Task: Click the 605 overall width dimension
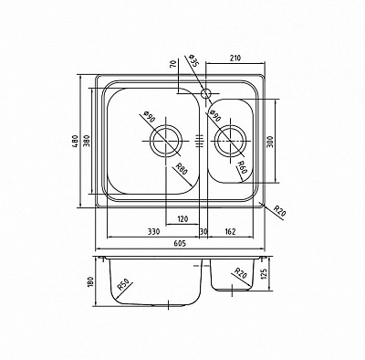click(180, 243)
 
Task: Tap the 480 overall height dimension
click(76, 141)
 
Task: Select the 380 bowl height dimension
click(87, 141)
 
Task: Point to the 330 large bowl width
click(153, 232)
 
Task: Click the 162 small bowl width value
click(230, 232)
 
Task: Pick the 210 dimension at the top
click(235, 58)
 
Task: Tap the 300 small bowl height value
click(270, 142)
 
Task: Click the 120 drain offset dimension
click(182, 218)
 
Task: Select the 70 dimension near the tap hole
click(173, 65)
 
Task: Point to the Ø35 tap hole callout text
click(193, 61)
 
